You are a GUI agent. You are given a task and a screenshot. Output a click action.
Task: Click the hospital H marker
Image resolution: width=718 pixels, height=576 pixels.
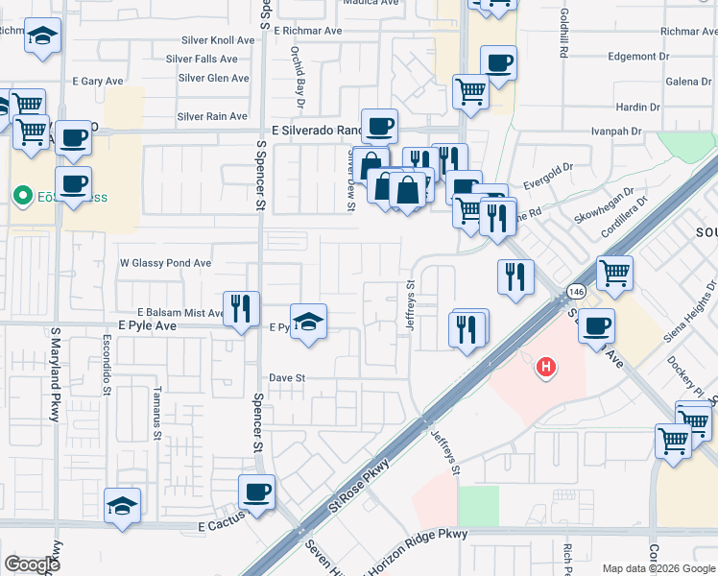(x=546, y=366)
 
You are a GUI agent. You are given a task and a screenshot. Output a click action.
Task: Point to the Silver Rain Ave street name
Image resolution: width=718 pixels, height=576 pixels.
(x=212, y=117)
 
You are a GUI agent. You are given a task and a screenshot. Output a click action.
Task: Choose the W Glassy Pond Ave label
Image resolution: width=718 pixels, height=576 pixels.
(x=165, y=263)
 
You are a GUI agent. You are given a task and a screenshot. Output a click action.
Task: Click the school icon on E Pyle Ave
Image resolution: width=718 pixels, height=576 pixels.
(x=308, y=322)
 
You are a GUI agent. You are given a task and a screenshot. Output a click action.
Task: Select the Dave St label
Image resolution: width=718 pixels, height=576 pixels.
(x=286, y=378)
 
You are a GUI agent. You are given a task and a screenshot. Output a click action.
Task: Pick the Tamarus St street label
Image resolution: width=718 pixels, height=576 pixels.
(x=156, y=413)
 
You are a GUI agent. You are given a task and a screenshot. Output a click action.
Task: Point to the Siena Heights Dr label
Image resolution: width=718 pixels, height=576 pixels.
(x=692, y=308)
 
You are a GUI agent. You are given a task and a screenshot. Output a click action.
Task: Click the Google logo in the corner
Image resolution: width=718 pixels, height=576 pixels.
(x=32, y=564)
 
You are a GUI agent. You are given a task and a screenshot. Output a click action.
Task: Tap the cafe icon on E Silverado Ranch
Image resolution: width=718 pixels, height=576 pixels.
(x=379, y=126)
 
